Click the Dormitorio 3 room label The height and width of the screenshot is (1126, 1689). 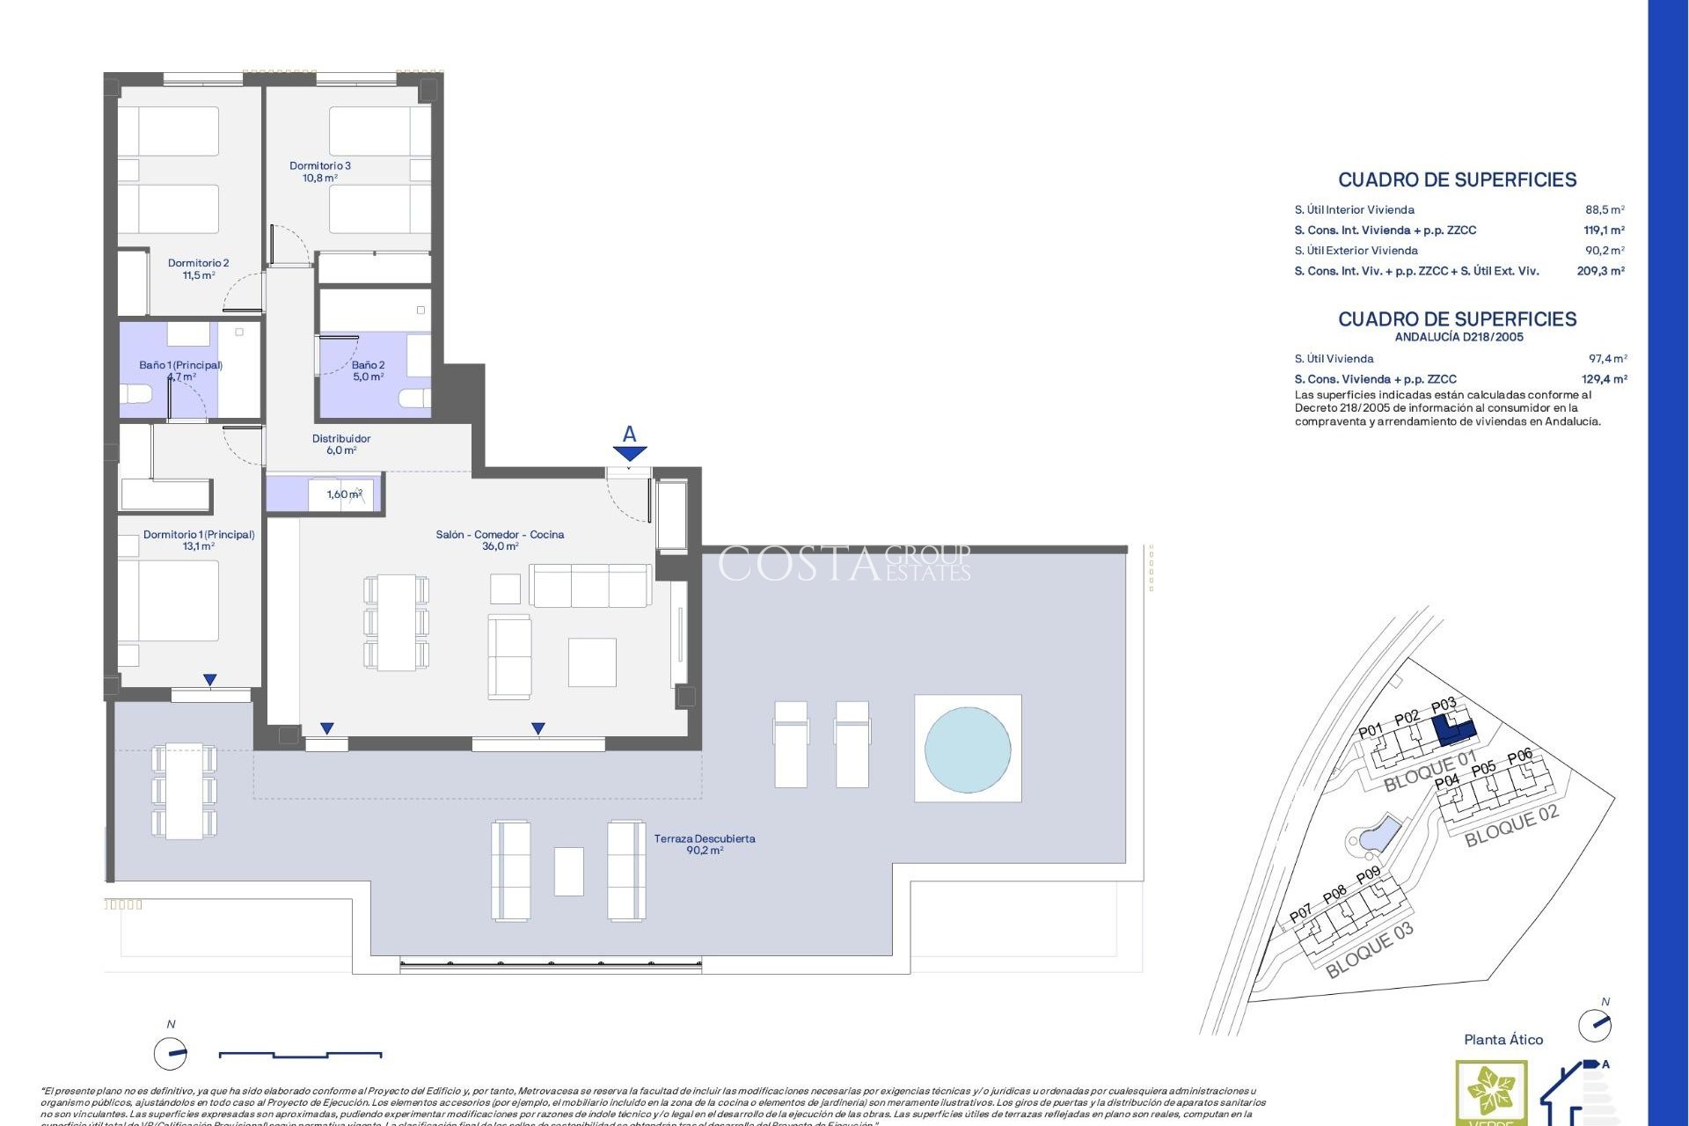[x=320, y=172]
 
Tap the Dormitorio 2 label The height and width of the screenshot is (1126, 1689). [x=199, y=268]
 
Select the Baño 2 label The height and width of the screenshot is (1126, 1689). [x=368, y=370]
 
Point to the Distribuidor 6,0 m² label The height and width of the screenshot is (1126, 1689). [x=341, y=444]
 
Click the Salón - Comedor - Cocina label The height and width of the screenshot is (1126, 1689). [x=500, y=540]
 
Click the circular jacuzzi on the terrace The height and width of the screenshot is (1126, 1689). [x=968, y=749]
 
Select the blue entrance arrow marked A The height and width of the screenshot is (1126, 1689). [x=630, y=452]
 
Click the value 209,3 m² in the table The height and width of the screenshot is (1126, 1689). [x=1600, y=271]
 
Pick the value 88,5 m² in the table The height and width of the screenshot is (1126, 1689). [x=1605, y=210]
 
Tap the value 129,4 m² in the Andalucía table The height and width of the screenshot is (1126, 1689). [x=1604, y=379]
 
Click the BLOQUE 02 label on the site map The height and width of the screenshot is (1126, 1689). [x=1510, y=825]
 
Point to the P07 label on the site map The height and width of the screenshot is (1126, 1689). [x=1300, y=914]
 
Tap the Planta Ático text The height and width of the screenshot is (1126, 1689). [x=1503, y=1040]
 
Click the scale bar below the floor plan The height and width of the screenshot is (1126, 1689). [x=300, y=1053]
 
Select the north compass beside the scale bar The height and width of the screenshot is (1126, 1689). [x=171, y=1052]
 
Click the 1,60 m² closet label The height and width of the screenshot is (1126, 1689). [x=344, y=494]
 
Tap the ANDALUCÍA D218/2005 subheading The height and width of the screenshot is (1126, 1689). [x=1459, y=337]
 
